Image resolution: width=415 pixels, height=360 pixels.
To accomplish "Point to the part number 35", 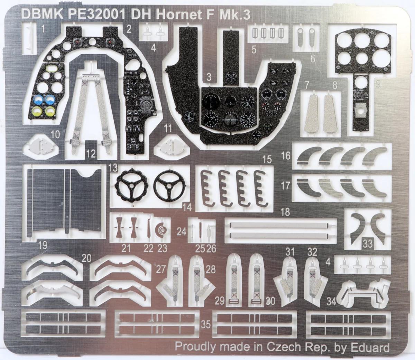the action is click(206, 324).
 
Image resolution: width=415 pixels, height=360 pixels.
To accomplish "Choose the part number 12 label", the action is click(91, 154).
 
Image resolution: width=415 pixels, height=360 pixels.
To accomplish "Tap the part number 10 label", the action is click(56, 134).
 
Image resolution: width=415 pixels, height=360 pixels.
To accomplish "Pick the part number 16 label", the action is click(286, 156).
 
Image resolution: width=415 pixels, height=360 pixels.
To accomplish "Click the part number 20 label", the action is click(86, 258).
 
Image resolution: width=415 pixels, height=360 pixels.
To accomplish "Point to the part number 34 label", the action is click(331, 302).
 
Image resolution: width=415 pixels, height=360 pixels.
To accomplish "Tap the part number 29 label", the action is click(220, 301).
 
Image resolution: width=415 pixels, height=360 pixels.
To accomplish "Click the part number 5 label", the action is click(254, 49).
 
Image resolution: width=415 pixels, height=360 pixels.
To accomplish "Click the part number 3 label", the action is click(209, 77).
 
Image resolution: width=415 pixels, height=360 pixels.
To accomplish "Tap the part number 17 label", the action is click(285, 186).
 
